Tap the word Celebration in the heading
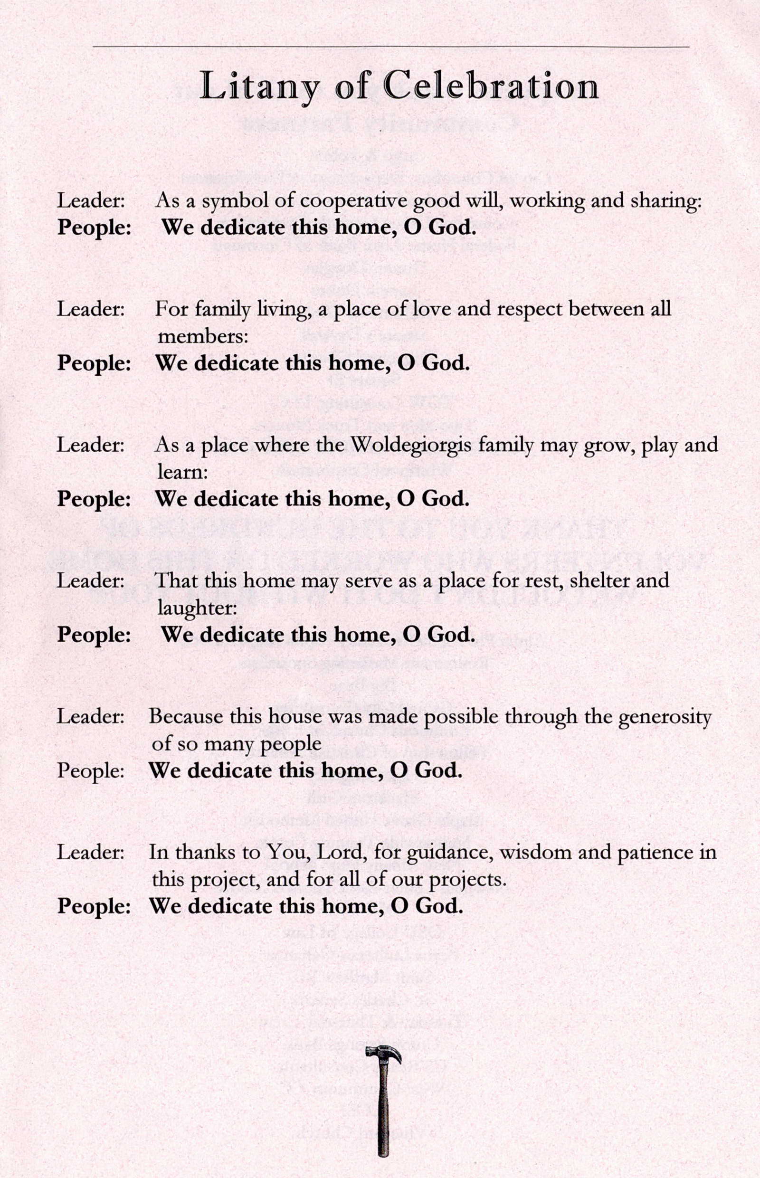pos(491,86)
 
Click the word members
pos(202,337)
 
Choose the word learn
pos(182,472)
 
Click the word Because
pos(186,716)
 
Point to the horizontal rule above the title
pos(390,47)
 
